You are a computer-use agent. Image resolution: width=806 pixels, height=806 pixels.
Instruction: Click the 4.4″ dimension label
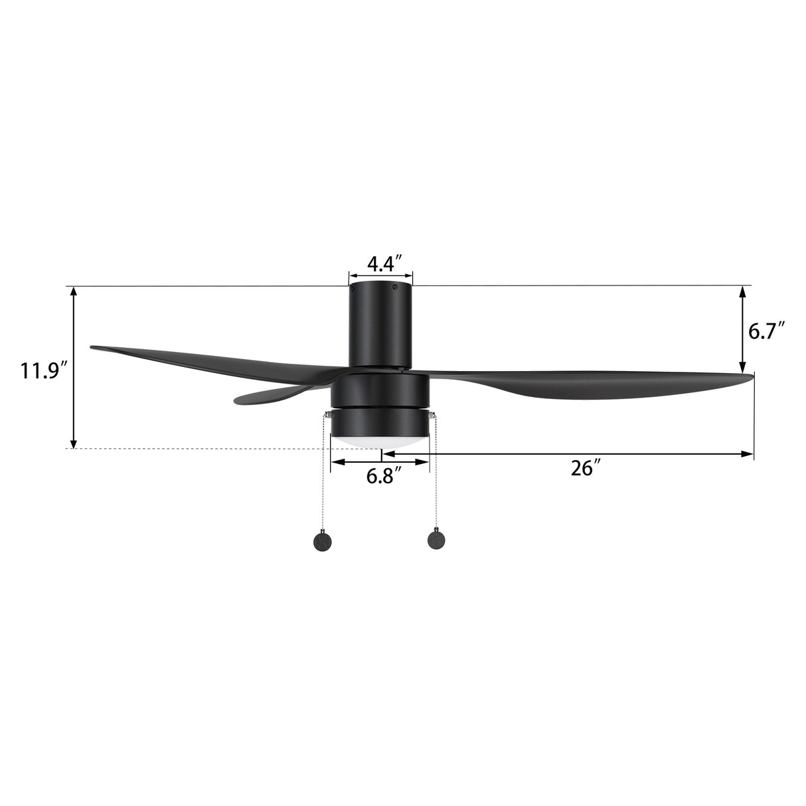[x=381, y=264]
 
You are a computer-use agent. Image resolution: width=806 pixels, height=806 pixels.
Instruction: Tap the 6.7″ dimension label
[x=767, y=330]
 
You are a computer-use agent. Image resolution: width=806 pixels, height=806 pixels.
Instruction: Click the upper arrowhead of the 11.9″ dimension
[x=74, y=291]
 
